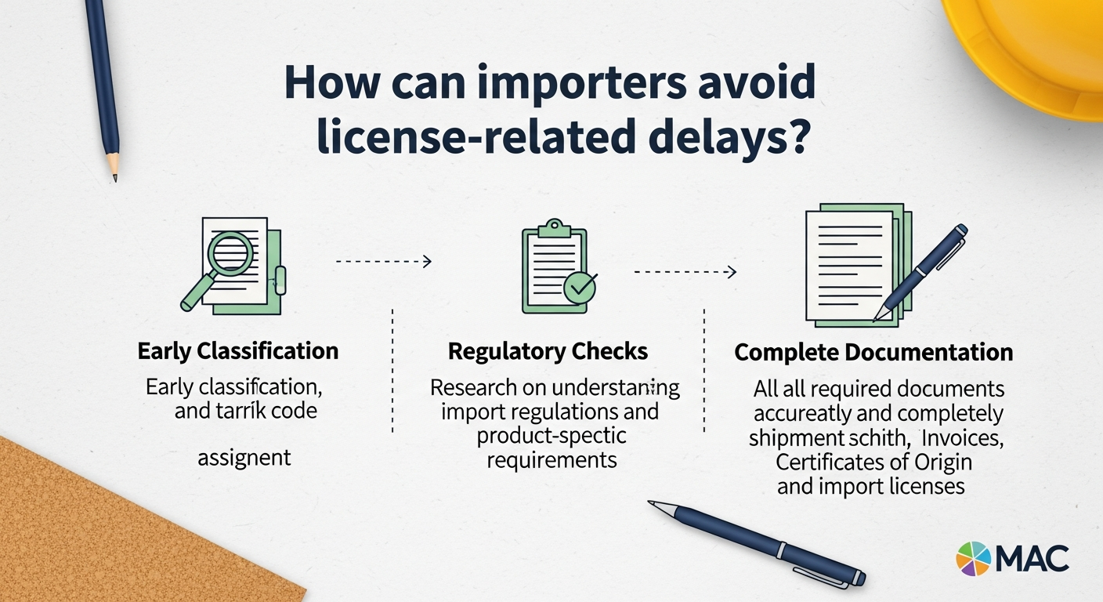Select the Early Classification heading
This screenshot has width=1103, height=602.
click(238, 350)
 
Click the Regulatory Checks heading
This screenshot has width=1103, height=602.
click(548, 352)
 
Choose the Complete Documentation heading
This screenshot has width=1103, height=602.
click(873, 352)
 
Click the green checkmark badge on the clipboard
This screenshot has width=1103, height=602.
click(580, 288)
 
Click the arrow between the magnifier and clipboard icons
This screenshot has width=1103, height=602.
click(384, 262)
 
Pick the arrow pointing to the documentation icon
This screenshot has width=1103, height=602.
click(685, 273)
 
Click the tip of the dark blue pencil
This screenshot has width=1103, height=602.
click(114, 177)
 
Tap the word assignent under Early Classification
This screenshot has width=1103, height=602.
click(244, 456)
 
